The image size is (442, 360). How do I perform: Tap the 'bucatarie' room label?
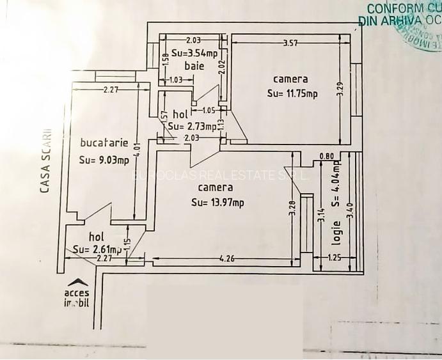(104, 142)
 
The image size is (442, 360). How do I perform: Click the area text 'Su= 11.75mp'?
(292, 93)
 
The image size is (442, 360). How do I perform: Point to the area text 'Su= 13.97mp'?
(217, 203)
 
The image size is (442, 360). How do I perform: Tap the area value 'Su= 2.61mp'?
(97, 249)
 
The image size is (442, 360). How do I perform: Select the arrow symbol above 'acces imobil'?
(78, 281)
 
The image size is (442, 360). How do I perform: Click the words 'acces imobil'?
(77, 297)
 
